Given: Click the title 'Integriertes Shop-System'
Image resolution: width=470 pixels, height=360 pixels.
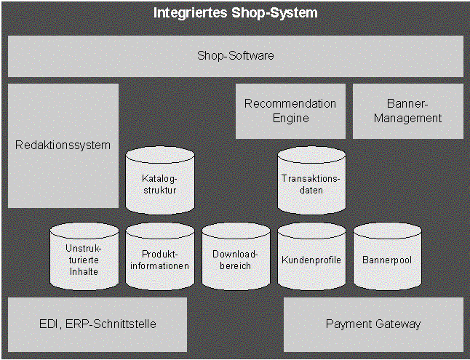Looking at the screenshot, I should [x=235, y=13].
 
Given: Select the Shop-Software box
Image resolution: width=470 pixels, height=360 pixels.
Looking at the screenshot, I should [x=235, y=55].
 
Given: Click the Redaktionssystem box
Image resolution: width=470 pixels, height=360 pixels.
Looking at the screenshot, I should [x=63, y=145].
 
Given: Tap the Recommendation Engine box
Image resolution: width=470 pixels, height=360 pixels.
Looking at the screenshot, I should [x=290, y=111].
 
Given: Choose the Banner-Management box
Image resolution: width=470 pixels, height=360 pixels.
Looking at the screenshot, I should [x=407, y=111].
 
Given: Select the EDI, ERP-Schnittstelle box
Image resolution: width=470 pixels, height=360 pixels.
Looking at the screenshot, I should [x=97, y=324].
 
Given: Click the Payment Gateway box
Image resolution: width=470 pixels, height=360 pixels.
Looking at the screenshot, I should [x=373, y=324].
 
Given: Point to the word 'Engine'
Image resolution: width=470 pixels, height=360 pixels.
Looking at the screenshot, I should [x=290, y=118].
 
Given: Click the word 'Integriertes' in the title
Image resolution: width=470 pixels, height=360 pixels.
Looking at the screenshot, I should [x=188, y=13].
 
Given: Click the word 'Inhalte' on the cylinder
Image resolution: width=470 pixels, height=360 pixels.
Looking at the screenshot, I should [x=84, y=272].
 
